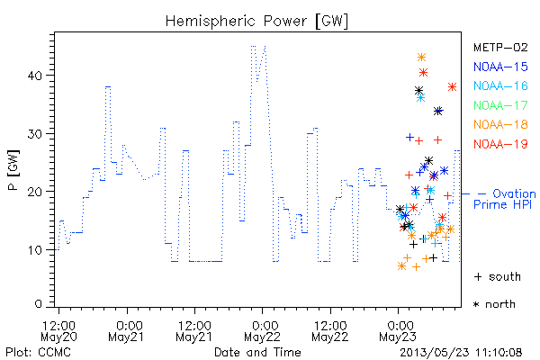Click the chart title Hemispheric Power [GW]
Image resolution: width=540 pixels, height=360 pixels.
(x=256, y=22)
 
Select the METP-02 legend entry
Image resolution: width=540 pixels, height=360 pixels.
(x=500, y=47)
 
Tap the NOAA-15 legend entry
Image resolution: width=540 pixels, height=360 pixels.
(x=500, y=67)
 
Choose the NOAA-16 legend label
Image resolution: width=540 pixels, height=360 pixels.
(x=500, y=85)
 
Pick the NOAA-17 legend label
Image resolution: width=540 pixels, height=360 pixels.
(x=500, y=105)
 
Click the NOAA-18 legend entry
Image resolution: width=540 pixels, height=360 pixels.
(x=500, y=124)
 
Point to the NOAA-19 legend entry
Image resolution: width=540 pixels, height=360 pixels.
(x=500, y=144)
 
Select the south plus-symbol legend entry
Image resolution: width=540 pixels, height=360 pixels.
(x=498, y=276)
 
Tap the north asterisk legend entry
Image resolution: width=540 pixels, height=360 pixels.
(x=494, y=304)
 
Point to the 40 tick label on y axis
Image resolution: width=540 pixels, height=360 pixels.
(x=35, y=76)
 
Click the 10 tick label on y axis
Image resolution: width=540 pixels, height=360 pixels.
(x=35, y=250)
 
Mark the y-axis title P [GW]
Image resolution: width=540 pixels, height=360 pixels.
(x=14, y=170)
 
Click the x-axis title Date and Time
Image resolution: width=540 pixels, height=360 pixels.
(x=257, y=353)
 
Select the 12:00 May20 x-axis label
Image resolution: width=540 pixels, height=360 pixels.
(x=58, y=331)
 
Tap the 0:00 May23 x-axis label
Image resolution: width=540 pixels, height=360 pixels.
(x=398, y=331)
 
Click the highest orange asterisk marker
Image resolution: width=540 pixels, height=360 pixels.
(x=421, y=58)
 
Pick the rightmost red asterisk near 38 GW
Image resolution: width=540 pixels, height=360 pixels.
(x=452, y=86)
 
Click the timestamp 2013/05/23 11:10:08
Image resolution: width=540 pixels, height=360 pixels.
(x=461, y=353)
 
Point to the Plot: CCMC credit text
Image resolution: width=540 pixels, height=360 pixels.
(x=38, y=353)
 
